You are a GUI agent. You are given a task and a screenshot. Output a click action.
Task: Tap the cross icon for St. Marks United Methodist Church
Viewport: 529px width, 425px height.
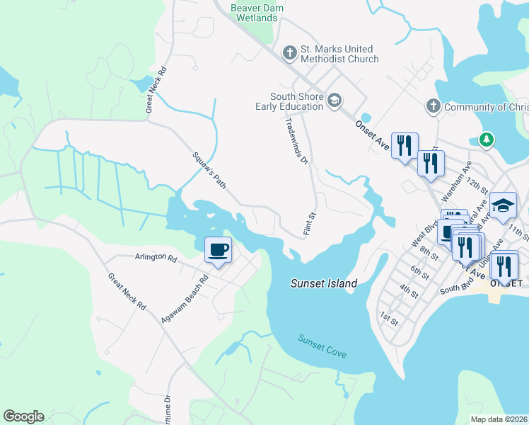[x=289, y=53]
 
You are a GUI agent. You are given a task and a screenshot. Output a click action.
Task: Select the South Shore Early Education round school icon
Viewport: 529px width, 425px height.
[x=333, y=101]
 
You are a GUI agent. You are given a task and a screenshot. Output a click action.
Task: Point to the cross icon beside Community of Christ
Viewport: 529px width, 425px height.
[x=433, y=106]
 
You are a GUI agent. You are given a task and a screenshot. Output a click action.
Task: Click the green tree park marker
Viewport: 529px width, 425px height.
[x=486, y=140]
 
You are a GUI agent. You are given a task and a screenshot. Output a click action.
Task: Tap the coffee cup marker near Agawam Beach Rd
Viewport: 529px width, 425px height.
[x=218, y=250]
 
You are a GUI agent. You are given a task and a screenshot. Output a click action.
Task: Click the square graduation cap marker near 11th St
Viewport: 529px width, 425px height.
[x=503, y=205]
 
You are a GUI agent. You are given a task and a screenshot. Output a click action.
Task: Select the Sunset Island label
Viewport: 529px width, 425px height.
[x=324, y=283]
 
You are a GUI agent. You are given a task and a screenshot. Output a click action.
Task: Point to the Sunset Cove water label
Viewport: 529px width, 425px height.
[x=322, y=345]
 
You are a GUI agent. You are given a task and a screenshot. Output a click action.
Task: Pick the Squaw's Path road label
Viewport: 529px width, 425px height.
[x=209, y=170]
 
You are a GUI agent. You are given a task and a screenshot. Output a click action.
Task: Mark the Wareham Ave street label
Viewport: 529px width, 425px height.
[x=457, y=181]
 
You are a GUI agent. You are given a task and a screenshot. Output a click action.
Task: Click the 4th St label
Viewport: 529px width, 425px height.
[x=408, y=290]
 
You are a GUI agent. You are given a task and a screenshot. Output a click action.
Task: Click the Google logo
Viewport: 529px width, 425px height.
[x=23, y=416]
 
